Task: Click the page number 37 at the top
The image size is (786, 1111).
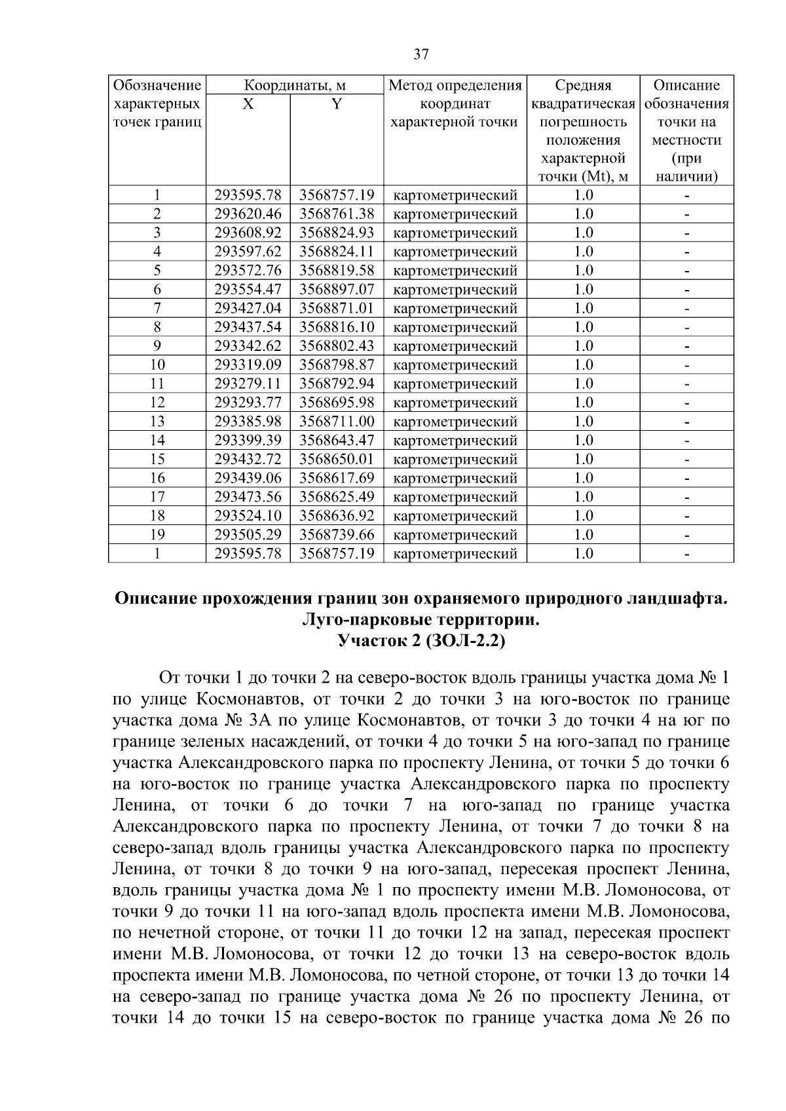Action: coord(421,54)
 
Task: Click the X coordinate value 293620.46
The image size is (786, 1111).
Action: coord(248,214)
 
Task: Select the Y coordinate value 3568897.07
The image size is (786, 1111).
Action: coord(337,289)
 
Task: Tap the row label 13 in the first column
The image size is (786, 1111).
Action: coord(157,422)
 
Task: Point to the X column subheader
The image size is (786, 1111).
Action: coord(248,104)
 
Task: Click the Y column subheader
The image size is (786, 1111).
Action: coord(336,104)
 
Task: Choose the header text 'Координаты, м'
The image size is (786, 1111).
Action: coord(295,86)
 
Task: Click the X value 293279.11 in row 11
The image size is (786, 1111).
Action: coord(248,384)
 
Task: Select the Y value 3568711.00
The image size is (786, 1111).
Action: coord(337,422)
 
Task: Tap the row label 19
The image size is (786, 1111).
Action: coord(157,535)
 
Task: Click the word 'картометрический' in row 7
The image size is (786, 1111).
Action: coord(455,308)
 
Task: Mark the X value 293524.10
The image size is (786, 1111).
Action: coord(248,516)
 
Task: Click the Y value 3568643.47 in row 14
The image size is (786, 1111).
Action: coord(337,441)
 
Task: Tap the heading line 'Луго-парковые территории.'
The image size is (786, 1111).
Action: coord(421,620)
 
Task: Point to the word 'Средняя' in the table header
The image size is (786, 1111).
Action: coord(583,86)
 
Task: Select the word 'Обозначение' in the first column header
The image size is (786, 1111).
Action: coord(157,86)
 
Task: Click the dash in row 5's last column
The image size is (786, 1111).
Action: coord(686,271)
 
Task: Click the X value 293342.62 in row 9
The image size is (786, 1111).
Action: coord(248,346)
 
